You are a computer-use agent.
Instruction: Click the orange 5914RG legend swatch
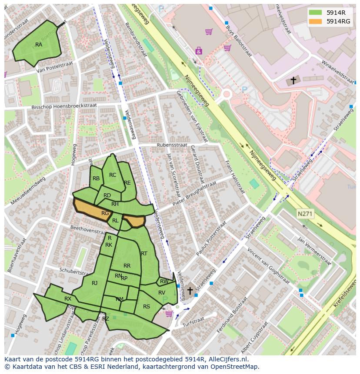[316, 21]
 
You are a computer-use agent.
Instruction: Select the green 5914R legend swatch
[316, 13]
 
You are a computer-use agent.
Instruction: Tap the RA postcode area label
[39, 45]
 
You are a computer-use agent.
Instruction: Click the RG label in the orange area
[105, 213]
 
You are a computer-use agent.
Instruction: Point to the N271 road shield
[305, 214]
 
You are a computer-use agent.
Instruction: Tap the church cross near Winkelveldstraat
[293, 80]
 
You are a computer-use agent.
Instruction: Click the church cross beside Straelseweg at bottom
[190, 290]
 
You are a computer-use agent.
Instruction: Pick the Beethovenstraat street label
[87, 230]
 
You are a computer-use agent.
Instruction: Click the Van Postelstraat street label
[54, 69]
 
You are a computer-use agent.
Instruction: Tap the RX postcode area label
[68, 299]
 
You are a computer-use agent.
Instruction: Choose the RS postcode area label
[147, 307]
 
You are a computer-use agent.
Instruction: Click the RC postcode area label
[113, 175]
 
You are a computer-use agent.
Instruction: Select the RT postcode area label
[144, 254]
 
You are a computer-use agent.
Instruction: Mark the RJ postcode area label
[95, 283]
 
